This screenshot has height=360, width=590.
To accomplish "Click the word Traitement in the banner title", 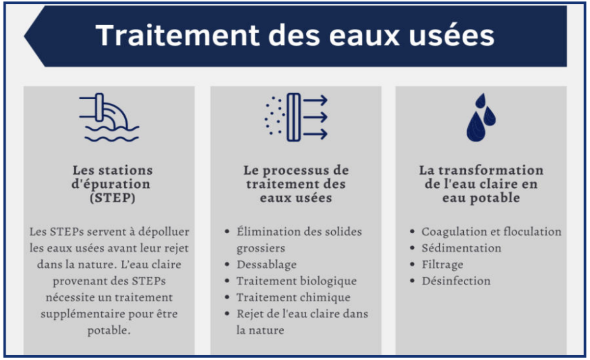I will (x=177, y=35).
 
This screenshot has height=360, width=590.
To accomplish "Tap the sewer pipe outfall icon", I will (x=109, y=117).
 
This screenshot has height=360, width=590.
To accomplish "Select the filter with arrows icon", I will (x=296, y=117).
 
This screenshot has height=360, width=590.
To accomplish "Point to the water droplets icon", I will (x=481, y=117).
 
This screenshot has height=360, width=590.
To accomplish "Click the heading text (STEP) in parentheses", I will (x=113, y=198).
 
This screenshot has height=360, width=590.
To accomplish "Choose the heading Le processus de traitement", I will (x=296, y=177).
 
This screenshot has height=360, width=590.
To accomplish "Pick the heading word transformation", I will (x=491, y=170).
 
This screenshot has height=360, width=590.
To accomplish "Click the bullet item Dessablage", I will (x=267, y=265).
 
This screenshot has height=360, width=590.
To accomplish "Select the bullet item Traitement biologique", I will (x=297, y=281).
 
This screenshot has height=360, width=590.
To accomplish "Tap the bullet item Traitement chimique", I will (x=293, y=297).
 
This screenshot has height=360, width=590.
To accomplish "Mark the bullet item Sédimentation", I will (x=461, y=248).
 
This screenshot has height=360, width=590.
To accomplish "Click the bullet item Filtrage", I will (x=443, y=265).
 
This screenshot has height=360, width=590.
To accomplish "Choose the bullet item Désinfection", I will (x=456, y=281).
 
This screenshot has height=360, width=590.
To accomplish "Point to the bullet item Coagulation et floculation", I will (x=491, y=232).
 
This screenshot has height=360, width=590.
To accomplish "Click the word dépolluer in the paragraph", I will (x=164, y=232).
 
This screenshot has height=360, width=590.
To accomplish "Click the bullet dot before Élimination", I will (x=227, y=232).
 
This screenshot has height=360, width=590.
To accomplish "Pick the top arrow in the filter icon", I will (x=315, y=100).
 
